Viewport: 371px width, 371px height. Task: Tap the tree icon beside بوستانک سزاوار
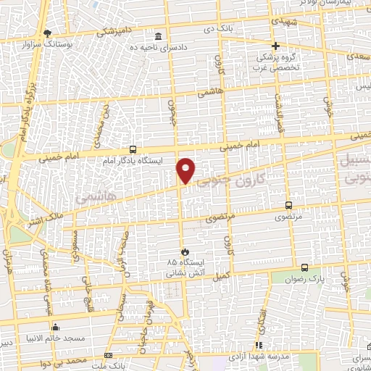[x=48, y=33]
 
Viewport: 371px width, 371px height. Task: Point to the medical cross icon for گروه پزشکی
[x=276, y=46]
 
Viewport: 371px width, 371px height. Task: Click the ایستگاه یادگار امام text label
[x=132, y=159]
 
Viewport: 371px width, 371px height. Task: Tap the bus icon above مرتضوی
[x=289, y=205]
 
